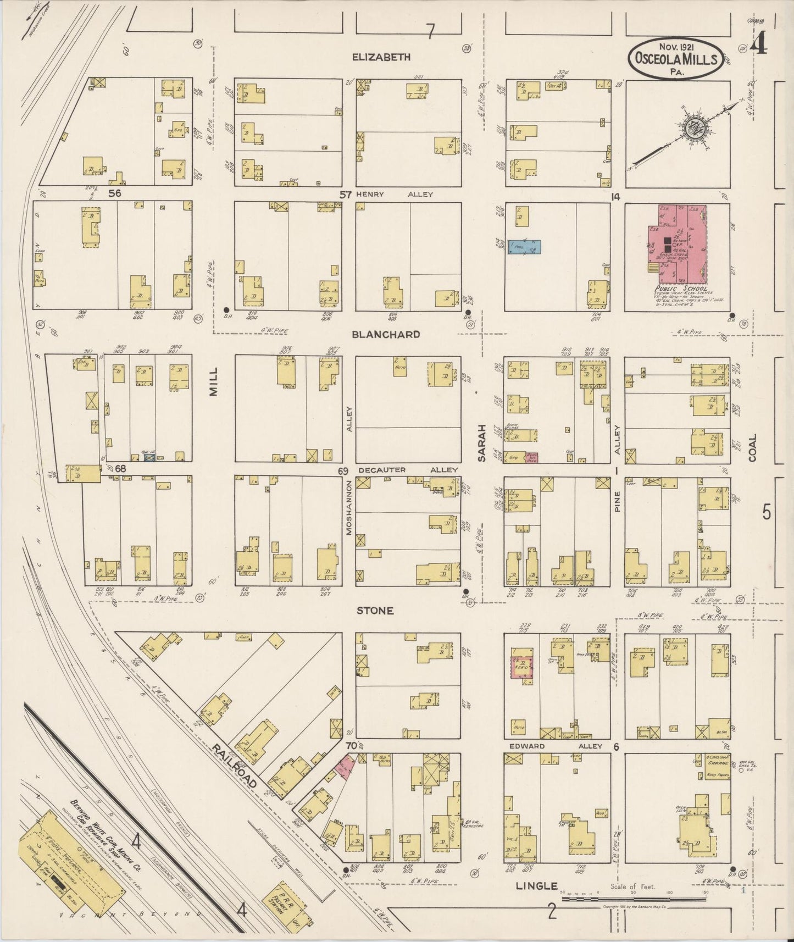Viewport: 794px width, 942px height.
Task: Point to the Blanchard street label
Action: click(x=386, y=334)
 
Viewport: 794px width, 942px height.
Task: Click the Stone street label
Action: click(x=375, y=611)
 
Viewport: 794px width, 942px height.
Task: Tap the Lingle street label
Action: click(x=536, y=886)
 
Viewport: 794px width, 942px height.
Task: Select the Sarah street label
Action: click(x=482, y=442)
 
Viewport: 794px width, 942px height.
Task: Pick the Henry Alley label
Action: click(x=394, y=194)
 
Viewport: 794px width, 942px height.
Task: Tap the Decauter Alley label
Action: click(x=407, y=470)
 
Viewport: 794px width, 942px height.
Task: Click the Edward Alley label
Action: click(x=555, y=746)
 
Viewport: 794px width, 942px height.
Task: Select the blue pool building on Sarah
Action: click(x=524, y=247)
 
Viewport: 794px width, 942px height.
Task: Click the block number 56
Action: click(x=114, y=193)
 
